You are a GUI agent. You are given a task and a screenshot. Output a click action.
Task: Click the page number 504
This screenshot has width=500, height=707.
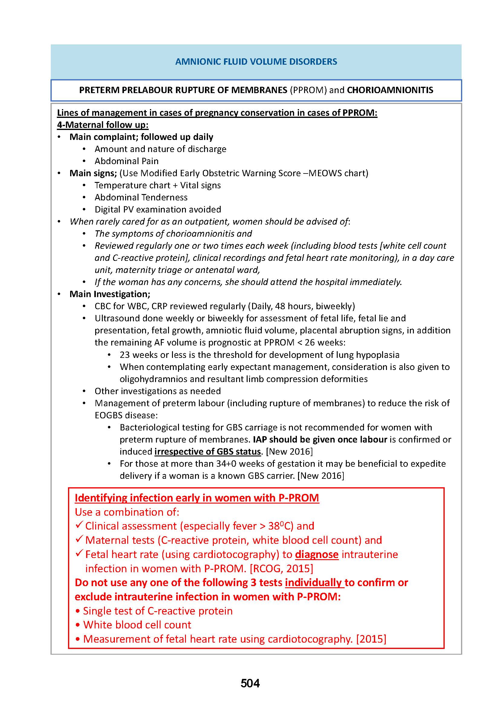[x=250, y=683]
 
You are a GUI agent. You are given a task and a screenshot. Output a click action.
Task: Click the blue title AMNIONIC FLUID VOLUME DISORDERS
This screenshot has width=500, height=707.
[x=256, y=62]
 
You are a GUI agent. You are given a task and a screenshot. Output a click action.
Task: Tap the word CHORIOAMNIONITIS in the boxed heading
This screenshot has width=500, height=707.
[x=390, y=90]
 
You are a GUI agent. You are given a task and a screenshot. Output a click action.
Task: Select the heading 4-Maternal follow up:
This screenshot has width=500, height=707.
[x=102, y=125]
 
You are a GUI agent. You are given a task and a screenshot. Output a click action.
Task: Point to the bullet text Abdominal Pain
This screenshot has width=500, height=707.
[x=127, y=161]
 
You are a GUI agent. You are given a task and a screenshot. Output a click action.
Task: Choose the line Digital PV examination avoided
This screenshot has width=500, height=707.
[x=157, y=209]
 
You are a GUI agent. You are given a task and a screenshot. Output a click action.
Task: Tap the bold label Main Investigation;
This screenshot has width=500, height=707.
[x=110, y=294]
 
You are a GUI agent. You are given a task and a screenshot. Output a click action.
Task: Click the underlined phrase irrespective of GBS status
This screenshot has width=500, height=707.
[x=207, y=451]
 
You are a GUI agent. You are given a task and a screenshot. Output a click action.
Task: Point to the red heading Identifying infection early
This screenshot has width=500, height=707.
[x=197, y=498]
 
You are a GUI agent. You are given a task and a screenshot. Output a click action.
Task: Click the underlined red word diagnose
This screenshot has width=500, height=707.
[x=317, y=554]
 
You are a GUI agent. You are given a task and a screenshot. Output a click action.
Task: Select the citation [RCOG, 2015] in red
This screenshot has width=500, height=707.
[x=281, y=569]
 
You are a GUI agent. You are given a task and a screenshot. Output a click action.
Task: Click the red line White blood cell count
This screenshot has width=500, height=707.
[x=137, y=625]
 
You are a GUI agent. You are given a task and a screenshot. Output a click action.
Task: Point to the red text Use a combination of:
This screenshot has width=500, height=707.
[x=127, y=512]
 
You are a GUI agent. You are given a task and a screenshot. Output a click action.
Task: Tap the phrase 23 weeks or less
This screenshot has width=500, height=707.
[x=153, y=355]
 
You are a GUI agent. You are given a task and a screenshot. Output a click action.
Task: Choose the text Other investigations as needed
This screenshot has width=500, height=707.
[x=157, y=391]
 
